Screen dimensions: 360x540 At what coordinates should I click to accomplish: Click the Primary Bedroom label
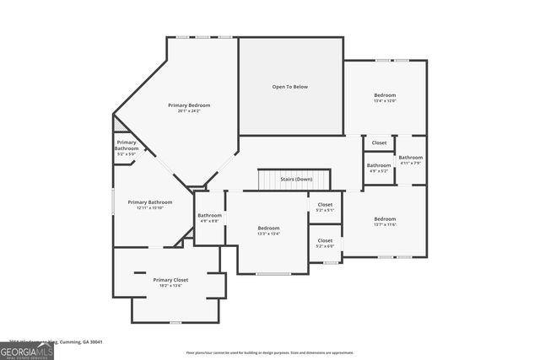tap(189, 105)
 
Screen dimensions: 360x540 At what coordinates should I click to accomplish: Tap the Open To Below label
tap(291, 86)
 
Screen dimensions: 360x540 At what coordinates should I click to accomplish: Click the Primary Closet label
tap(170, 280)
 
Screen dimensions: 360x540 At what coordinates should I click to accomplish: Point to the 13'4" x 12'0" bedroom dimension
tap(385, 101)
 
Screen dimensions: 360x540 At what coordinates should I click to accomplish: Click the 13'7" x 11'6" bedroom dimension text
tap(385, 224)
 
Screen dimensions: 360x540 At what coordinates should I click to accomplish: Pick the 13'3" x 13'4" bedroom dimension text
tap(268, 234)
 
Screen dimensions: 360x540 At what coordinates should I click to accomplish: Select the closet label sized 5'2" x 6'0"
tap(325, 245)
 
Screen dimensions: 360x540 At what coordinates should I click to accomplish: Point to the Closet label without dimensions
tap(380, 143)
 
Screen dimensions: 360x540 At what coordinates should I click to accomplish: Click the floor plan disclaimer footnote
tap(270, 353)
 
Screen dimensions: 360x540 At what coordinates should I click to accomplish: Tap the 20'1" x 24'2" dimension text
tap(189, 111)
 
